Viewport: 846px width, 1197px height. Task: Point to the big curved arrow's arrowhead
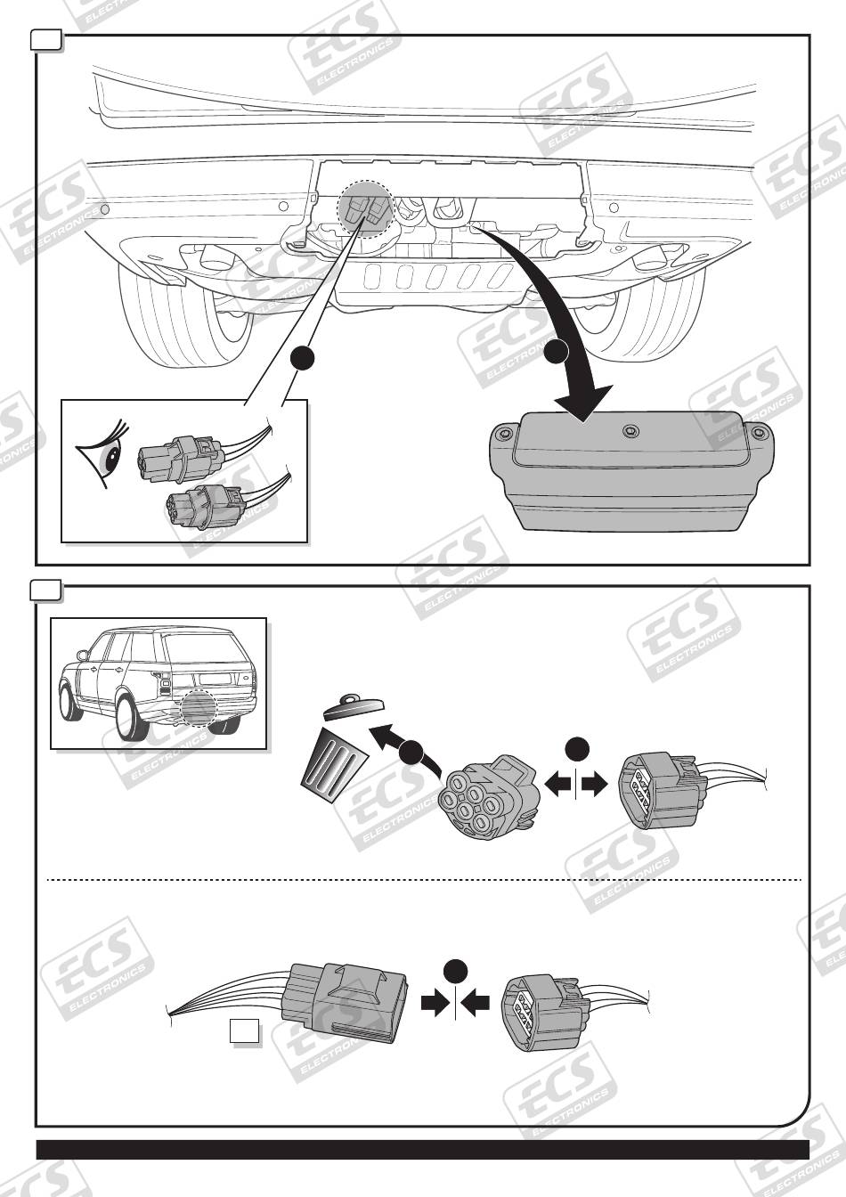point(583,398)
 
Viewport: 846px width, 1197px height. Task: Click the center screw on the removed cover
point(631,431)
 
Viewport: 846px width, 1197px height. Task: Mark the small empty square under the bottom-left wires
point(244,1030)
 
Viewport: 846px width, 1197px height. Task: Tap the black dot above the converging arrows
point(455,972)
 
